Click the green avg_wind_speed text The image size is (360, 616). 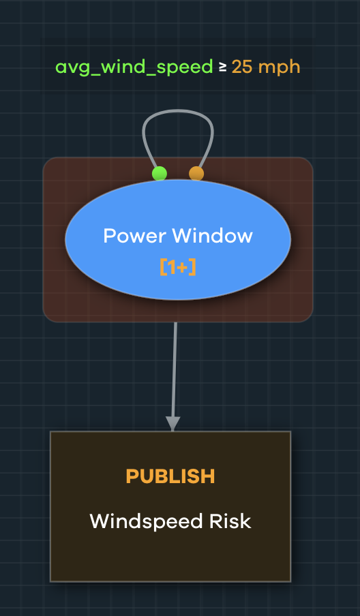coord(134,67)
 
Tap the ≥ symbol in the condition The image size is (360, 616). coord(222,67)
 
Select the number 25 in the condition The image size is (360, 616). coord(242,67)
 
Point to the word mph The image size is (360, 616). coord(280,68)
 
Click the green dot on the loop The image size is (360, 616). coord(159,173)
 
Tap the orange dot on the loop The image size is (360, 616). coord(196,173)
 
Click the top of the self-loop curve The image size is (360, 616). coord(178,111)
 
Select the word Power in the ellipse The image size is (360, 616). coord(135,236)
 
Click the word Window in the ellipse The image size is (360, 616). coord(212,236)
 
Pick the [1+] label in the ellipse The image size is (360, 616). coord(178,267)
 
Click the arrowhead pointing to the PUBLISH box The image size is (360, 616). coord(173,424)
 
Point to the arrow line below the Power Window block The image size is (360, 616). coord(174,376)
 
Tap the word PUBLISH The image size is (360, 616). coord(170,476)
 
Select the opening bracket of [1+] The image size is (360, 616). coord(163,267)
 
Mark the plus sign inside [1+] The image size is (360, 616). coord(181,268)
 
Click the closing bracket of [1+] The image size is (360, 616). coord(192,267)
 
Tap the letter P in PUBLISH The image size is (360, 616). coord(132,476)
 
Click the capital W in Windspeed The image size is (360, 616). coord(99,521)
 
